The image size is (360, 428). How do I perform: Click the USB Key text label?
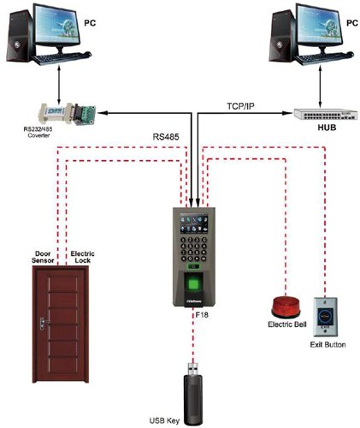(191, 420)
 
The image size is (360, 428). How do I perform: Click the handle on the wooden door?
(40, 324)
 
